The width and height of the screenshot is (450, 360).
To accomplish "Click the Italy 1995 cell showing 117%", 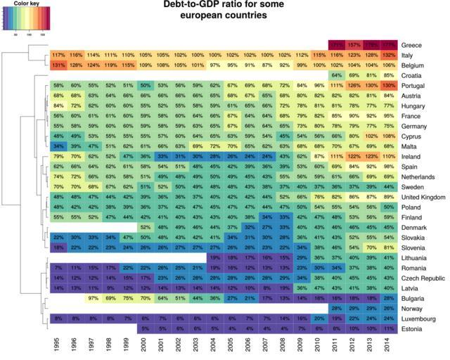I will pyautogui.click(x=58, y=54).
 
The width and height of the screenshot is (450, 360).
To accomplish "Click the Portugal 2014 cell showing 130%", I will pyautogui.click(x=388, y=84).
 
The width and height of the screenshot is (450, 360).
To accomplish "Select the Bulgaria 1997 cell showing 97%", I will pyautogui.click(x=93, y=298).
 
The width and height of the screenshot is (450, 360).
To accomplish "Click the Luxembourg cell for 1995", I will pyautogui.click(x=58, y=318).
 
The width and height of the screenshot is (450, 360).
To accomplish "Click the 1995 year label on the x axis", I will pyautogui.click(x=58, y=345).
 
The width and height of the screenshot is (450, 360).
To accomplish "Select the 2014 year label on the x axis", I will pyautogui.click(x=388, y=345).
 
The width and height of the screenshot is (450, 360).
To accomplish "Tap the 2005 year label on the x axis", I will pyautogui.click(x=232, y=345).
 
